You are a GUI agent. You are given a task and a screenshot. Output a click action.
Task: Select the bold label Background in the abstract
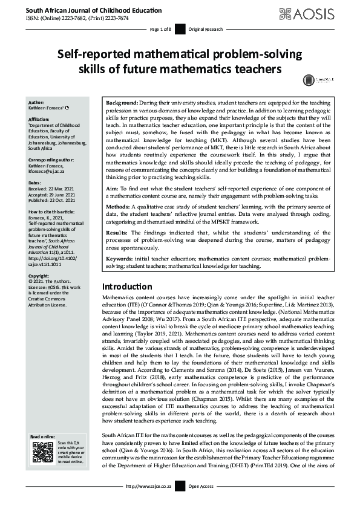click(x=122, y=103)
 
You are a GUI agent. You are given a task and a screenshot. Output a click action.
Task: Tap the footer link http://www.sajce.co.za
click(x=149, y=502)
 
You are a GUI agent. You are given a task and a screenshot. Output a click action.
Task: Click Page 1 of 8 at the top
click(x=161, y=29)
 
